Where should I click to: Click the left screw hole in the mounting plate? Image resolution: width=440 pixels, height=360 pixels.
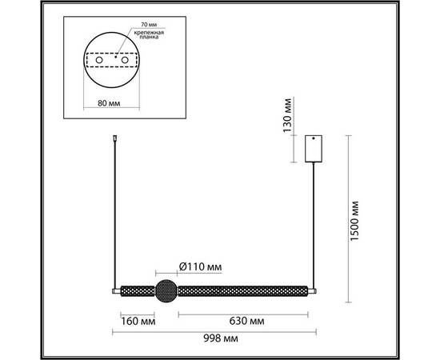coord(99,61)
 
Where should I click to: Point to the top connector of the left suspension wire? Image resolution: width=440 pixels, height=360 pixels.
coord(117,141)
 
